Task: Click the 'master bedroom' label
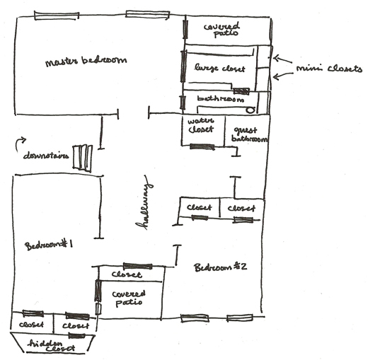click(86, 62)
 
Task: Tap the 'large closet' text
click(219, 68)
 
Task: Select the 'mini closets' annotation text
click(329, 69)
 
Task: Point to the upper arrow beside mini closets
click(282, 59)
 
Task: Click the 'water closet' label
click(201, 125)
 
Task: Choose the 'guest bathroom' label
click(249, 135)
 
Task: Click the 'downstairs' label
click(46, 156)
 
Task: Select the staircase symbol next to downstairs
click(82, 158)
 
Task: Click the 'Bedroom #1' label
click(49, 245)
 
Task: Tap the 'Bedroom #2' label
click(221, 267)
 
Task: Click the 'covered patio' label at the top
click(222, 30)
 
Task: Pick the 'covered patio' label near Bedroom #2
click(129, 298)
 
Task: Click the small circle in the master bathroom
click(251, 110)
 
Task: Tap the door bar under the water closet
click(202, 147)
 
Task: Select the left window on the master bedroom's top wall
click(57, 16)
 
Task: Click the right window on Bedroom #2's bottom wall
click(240, 318)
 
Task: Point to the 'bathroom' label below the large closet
click(221, 99)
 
